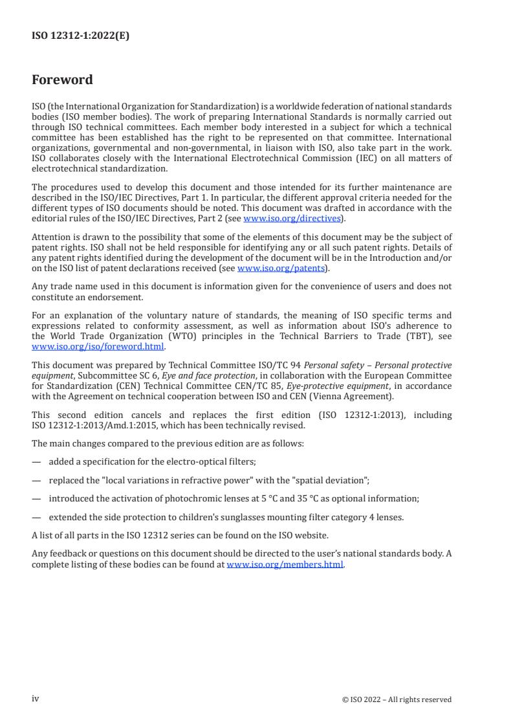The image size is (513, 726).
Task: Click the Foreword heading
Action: pyautogui.click(x=62, y=80)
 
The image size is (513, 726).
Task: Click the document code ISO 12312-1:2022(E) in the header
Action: pyautogui.click(x=80, y=36)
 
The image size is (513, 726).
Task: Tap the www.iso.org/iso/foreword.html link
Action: pyautogui.click(x=98, y=346)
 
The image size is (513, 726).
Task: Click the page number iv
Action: pyautogui.click(x=36, y=699)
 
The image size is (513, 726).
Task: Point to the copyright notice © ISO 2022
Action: pyautogui.click(x=397, y=699)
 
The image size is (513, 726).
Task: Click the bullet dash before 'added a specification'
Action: pyautogui.click(x=36, y=461)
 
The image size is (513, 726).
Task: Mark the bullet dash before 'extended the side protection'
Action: pyautogui.click(x=36, y=518)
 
